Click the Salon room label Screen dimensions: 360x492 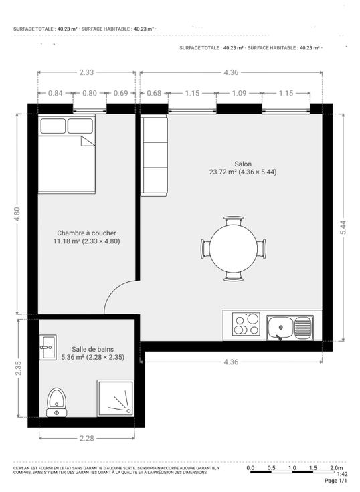click(243, 164)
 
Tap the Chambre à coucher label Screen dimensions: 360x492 click(86, 233)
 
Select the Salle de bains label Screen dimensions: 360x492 click(92, 349)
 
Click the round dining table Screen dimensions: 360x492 click(234, 248)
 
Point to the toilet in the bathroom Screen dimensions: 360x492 click(57, 403)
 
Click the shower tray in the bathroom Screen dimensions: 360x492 click(116, 398)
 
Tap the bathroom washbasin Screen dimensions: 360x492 click(48, 347)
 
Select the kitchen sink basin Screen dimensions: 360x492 click(280, 328)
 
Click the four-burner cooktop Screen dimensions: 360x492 click(247, 324)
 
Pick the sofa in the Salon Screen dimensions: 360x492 click(154, 155)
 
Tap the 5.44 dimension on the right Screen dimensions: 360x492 click(343, 227)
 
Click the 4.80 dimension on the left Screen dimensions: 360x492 click(17, 214)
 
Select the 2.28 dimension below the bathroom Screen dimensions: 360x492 click(86, 438)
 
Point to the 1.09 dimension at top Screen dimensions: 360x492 click(239, 93)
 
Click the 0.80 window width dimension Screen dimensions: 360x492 click(90, 93)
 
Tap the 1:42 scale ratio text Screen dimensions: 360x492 click(342, 475)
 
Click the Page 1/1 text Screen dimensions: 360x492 click(336, 481)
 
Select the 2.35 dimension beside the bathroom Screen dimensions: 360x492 click(18, 368)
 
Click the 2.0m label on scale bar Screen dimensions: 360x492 click(337, 468)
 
